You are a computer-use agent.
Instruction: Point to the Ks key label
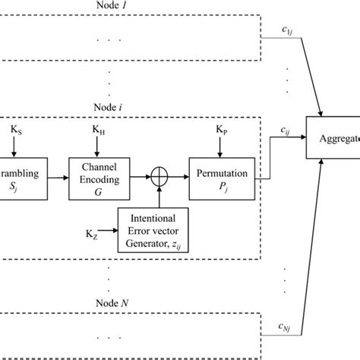tap(16, 130)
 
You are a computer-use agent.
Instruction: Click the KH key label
tap(99, 130)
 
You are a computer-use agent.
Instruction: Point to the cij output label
tap(286, 131)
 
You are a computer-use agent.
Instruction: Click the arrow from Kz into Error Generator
tap(103, 226)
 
